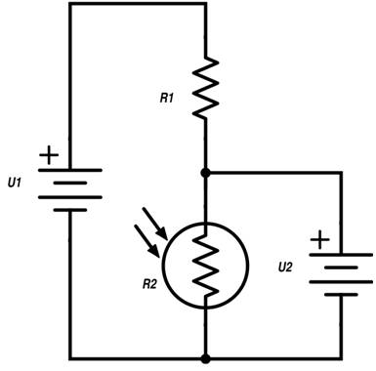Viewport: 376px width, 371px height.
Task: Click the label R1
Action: pos(166,98)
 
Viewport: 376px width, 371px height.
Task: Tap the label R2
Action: pos(149,284)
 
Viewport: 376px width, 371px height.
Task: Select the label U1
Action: pos(15,183)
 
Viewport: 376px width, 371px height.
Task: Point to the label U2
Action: pos(285,268)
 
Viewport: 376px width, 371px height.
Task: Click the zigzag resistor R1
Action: pos(205,88)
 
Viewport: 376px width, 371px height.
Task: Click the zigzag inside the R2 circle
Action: pos(205,266)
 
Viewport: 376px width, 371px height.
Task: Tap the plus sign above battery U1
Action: pos(49,155)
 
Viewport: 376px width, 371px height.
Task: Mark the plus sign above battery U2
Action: pos(320,240)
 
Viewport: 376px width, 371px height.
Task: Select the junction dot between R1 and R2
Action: pos(205,173)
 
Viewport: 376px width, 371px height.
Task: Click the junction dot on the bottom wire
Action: pos(205,358)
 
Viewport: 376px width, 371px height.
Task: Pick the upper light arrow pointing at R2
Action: pos(155,224)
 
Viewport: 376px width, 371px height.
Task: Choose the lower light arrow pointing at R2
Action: pos(146,241)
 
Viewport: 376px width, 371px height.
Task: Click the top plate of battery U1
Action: pos(70,170)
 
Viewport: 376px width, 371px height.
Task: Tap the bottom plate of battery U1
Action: pos(70,210)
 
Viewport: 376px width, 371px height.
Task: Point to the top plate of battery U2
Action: pos(341,255)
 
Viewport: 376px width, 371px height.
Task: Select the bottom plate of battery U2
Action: pos(341,295)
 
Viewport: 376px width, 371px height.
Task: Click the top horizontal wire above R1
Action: pos(138,4)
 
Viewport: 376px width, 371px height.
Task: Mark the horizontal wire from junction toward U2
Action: pos(273,172)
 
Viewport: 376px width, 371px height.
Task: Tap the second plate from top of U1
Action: pos(70,184)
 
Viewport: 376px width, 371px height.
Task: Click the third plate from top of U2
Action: pos(341,282)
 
